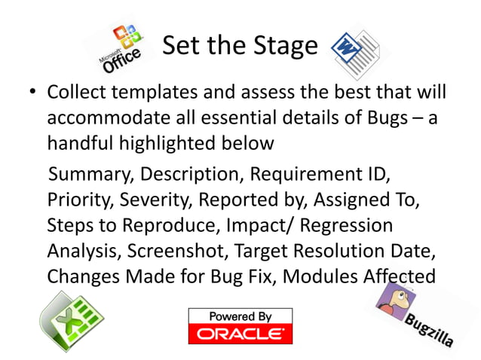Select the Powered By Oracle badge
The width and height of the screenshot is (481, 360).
point(240,325)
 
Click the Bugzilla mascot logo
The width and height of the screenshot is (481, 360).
point(413,313)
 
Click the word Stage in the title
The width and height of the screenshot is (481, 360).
point(284,46)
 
